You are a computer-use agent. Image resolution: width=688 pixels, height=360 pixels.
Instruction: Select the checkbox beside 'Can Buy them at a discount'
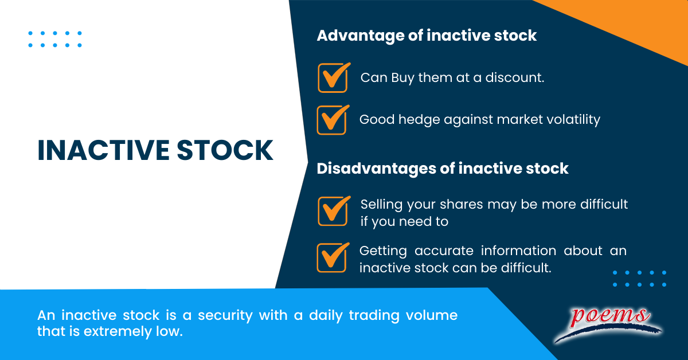click(333, 78)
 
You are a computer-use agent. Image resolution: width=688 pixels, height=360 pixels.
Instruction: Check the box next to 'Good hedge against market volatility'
click(332, 120)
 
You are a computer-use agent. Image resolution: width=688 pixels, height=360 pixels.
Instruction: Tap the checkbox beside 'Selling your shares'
click(333, 212)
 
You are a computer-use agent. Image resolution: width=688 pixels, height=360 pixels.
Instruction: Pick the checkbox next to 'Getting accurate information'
click(332, 258)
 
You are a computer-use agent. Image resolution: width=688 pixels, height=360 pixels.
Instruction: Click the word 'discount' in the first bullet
click(514, 77)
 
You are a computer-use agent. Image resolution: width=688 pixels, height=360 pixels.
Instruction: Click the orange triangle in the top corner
click(642, 20)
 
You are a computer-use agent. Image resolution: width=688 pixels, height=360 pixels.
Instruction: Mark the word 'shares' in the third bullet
click(458, 204)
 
